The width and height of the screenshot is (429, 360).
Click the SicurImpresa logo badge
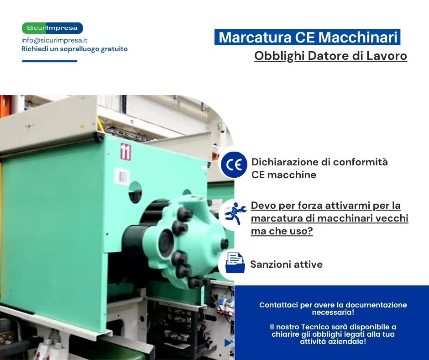[x=52, y=28]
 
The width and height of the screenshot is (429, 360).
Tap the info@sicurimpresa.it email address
[x=54, y=40]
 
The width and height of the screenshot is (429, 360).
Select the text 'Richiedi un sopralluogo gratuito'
[x=74, y=49]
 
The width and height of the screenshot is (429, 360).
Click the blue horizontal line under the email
[x=50, y=61]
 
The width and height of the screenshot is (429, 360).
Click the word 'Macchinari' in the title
[x=358, y=37]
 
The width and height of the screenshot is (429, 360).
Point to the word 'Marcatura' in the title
[x=255, y=37]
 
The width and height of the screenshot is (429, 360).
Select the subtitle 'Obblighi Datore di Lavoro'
[x=330, y=56]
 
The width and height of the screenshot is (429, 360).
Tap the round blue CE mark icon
[x=234, y=165]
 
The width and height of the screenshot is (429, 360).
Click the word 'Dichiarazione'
[x=285, y=162]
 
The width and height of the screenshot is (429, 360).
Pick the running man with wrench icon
[x=235, y=213]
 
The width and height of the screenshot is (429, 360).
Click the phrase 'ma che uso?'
[x=282, y=231]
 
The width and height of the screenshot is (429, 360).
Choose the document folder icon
[x=235, y=263]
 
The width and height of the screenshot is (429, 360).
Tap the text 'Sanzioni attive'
[x=287, y=265]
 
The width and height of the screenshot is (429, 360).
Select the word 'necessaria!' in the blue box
[x=333, y=312]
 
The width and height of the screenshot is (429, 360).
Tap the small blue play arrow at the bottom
[x=228, y=343]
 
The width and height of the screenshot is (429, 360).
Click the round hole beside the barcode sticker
[x=135, y=192]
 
